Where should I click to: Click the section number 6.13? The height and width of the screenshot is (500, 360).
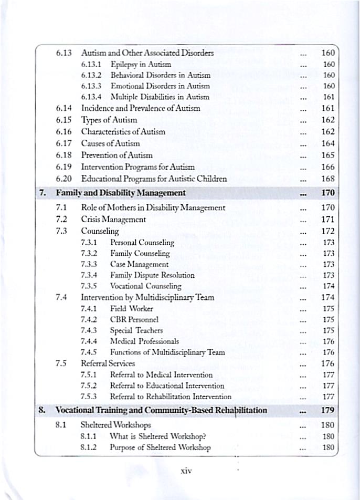(x=63, y=53)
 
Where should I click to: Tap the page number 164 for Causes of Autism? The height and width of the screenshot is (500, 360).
(x=328, y=143)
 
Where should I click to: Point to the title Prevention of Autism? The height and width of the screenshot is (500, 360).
(x=117, y=155)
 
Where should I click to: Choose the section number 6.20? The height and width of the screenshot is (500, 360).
(x=63, y=178)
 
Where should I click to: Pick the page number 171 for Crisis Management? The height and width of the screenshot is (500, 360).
(x=328, y=218)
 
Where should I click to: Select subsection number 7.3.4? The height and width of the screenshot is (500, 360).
(x=90, y=275)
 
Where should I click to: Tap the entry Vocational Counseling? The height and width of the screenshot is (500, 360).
(x=145, y=286)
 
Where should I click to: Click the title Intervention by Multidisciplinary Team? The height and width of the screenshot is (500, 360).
(x=147, y=297)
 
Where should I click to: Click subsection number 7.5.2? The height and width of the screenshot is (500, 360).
(x=90, y=386)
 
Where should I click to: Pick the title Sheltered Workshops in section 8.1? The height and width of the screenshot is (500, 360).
(x=115, y=425)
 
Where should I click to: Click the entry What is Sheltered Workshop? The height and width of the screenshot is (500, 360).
(x=157, y=436)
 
